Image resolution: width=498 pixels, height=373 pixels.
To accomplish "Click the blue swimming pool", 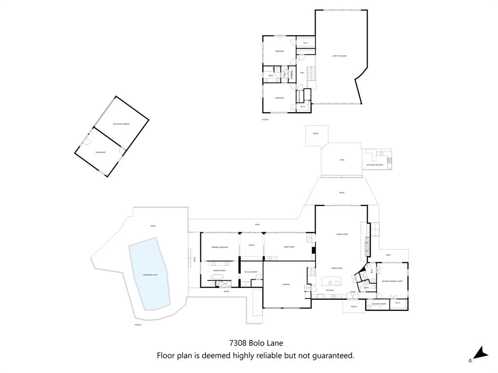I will pyautogui.click(x=150, y=274).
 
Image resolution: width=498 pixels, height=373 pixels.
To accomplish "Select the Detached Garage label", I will pyautogui.click(x=121, y=124).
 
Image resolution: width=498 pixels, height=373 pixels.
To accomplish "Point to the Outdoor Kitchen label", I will pyautogui.click(x=374, y=165).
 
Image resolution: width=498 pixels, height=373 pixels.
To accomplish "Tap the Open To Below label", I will pyautogui.click(x=339, y=56).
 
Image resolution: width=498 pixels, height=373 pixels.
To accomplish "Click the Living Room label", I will pyautogui.click(x=342, y=234).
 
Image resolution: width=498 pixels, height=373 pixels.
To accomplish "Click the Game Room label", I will pyautogui.click(x=289, y=247).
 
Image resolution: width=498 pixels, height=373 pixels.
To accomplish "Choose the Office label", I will pyautogui.click(x=251, y=245).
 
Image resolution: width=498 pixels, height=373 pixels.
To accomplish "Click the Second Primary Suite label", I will pyautogui.click(x=391, y=281).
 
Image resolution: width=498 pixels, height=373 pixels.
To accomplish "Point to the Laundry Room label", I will pyautogui.click(x=379, y=304).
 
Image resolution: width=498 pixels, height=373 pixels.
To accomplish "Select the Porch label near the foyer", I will pyautogui.click(x=354, y=306).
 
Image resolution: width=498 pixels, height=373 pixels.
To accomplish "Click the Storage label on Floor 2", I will pyautogui.click(x=292, y=74).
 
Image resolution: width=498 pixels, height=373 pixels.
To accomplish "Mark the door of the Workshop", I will pyautogui.click(x=86, y=141).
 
